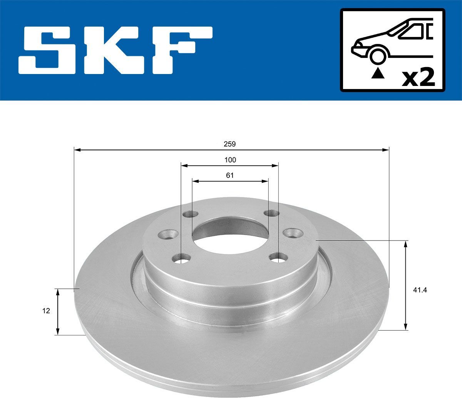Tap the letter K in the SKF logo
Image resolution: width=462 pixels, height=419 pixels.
(x=117, y=50)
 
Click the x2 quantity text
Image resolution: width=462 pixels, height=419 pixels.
(x=418, y=78)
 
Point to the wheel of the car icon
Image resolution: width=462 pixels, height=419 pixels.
(x=378, y=56)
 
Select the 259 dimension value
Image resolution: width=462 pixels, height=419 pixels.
(x=230, y=144)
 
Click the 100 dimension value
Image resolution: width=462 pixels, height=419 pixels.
(x=230, y=160)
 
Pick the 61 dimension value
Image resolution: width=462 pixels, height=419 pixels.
(x=230, y=175)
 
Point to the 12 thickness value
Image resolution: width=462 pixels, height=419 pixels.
(x=46, y=311)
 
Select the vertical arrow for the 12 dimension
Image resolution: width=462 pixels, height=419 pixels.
(x=58, y=312)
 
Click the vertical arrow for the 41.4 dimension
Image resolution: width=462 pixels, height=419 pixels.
(x=405, y=285)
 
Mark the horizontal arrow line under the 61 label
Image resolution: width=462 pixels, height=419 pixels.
(x=230, y=180)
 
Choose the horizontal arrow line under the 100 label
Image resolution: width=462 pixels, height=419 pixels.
(x=230, y=165)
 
